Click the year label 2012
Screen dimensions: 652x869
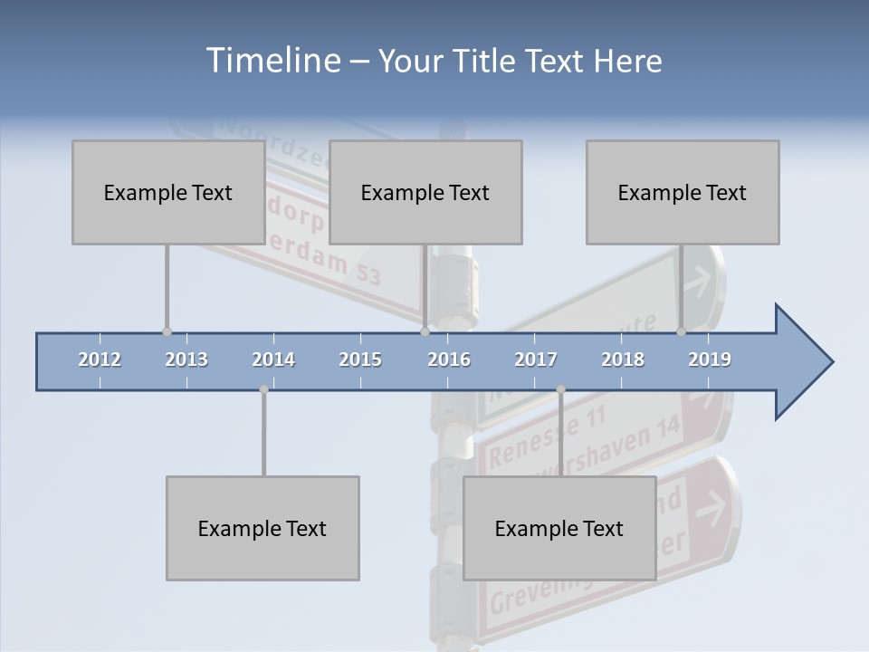coord(100,360)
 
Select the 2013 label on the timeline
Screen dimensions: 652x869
coord(186,360)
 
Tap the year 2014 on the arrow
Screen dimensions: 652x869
coord(273,360)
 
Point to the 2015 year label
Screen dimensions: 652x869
coord(360,360)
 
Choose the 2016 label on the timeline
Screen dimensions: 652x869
coord(449,360)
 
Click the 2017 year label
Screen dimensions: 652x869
coord(536,360)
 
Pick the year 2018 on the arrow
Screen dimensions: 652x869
coord(623,360)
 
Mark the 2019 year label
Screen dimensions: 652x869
coord(710,360)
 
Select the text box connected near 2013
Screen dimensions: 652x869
coord(167,192)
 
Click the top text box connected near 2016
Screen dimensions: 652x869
coord(425,192)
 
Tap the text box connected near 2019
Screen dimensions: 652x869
coord(682,192)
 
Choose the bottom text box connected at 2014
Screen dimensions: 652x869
coord(263,528)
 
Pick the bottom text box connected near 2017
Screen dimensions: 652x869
coord(559,528)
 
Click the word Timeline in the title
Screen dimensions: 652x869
coord(272,61)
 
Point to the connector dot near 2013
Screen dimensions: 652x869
coord(167,331)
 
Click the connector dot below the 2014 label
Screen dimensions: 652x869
coord(263,389)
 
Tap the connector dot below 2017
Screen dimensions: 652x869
coord(560,389)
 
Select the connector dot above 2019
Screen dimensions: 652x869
coord(681,331)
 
